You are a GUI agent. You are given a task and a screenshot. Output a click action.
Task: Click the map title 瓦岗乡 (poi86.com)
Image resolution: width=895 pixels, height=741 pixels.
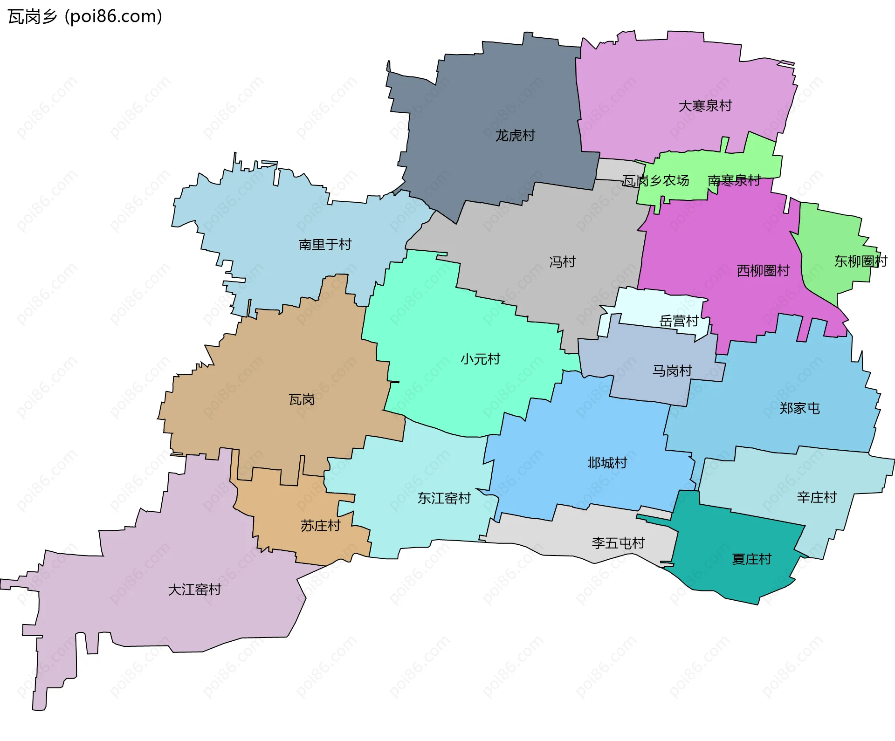[85, 17]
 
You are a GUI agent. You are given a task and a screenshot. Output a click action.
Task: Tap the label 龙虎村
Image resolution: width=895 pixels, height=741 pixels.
[515, 136]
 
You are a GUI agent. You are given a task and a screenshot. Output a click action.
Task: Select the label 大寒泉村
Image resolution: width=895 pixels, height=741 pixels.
[705, 106]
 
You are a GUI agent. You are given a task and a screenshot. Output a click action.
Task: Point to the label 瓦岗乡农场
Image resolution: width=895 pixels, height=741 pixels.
[655, 180]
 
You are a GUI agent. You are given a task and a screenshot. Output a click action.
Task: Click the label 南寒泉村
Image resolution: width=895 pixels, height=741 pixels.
[734, 180]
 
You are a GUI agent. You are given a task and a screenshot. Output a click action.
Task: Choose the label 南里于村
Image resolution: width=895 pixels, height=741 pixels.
[324, 245]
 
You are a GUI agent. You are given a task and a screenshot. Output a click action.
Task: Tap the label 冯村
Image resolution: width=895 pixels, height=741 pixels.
[562, 262]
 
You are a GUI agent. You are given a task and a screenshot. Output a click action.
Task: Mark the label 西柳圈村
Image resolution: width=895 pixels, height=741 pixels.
[763, 271]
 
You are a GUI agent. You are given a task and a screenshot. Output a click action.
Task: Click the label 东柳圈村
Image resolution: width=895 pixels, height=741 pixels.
[860, 261]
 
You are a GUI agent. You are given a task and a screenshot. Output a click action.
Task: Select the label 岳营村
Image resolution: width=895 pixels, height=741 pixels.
[678, 321]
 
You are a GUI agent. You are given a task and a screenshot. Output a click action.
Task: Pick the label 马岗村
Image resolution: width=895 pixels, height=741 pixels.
[672, 371]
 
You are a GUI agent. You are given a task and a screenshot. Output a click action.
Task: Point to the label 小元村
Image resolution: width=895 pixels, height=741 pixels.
[480, 359]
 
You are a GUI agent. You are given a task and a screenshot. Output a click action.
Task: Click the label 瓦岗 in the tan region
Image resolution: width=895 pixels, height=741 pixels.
[301, 400]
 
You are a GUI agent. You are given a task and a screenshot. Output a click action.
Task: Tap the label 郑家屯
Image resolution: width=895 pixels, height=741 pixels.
[799, 409]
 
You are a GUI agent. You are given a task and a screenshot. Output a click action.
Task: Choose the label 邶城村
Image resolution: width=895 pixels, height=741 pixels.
[607, 463]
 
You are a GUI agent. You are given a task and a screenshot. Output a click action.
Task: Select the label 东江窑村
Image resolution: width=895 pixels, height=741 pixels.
[444, 499]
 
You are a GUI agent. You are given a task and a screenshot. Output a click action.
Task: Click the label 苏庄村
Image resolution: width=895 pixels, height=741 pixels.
[320, 526]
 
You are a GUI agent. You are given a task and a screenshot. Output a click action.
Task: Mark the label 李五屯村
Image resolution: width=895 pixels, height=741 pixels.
[618, 543]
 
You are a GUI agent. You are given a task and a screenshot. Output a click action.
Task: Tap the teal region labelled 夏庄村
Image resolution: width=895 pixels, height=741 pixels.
[751, 559]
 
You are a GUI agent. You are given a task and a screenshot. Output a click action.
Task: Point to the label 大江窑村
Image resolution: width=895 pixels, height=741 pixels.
[194, 590]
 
